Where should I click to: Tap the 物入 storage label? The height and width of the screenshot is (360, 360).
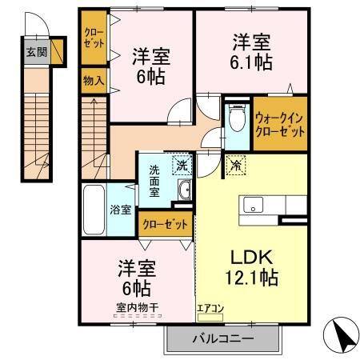(93, 80)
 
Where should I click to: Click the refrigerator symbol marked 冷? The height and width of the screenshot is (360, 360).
(237, 166)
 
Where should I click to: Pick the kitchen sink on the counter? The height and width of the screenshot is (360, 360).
(254, 206)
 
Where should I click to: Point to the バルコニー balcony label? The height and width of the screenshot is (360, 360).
(222, 338)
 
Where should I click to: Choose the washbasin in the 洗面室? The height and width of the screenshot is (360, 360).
(185, 190)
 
